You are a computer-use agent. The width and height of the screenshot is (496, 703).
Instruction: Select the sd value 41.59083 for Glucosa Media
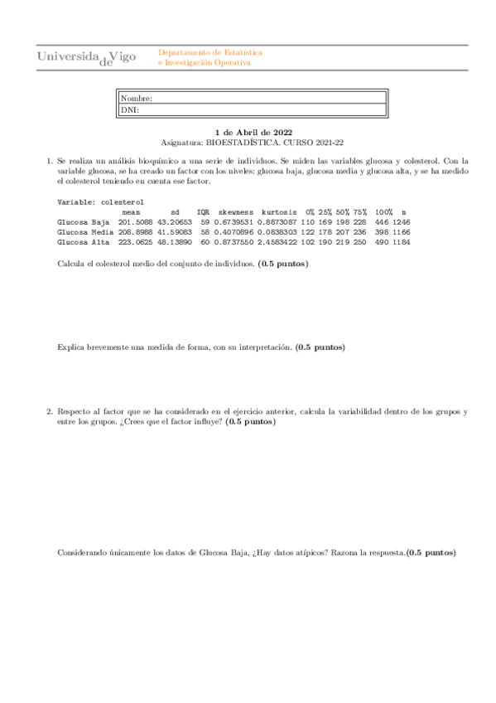175,232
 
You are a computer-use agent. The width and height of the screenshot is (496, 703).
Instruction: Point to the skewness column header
236,212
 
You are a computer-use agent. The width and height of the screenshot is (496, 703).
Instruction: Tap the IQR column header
203,212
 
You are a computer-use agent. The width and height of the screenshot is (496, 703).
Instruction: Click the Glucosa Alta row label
84,242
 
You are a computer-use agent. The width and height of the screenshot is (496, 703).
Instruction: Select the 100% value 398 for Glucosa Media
382,232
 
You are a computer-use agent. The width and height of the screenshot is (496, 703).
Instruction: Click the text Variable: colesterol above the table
100,201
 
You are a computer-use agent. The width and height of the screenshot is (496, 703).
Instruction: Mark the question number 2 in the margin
49,411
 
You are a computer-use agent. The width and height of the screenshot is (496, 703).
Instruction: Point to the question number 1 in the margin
49,161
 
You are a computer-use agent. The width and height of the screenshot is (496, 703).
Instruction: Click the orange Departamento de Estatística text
209,52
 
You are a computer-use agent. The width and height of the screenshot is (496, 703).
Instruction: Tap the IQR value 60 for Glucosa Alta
205,242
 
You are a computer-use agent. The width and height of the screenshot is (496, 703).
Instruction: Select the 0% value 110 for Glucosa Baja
307,222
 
